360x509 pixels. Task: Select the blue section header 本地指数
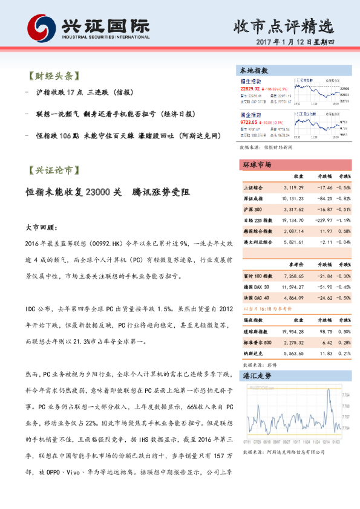tap(254, 70)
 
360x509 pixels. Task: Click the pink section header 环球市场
tap(257, 164)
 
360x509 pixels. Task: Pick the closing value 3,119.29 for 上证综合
tap(292, 187)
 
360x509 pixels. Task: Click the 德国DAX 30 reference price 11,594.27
tap(292, 287)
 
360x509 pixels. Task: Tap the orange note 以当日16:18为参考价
tap(267, 307)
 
